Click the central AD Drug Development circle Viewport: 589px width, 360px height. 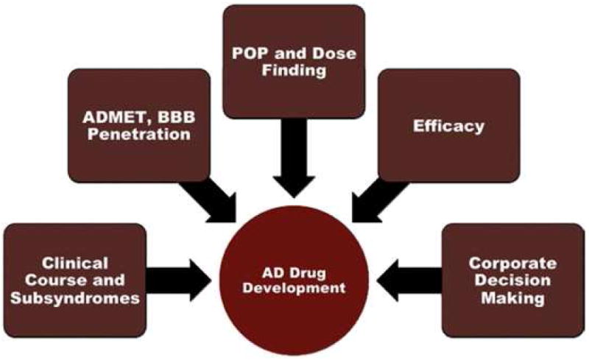click(x=294, y=276)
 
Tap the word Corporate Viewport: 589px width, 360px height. click(x=513, y=261)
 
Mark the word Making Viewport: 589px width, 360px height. click(x=513, y=298)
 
